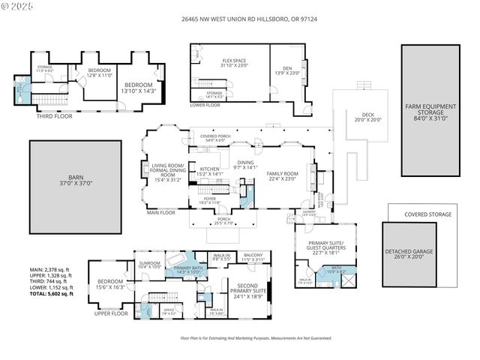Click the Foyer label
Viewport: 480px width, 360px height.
point(209,200)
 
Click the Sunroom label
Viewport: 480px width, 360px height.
point(150,264)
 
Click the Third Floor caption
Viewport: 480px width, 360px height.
point(53,116)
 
